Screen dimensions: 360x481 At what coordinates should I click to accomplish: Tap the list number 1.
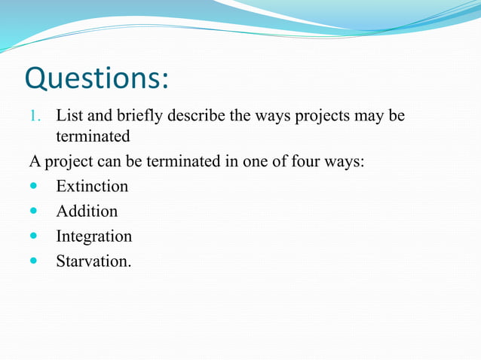tap(33, 117)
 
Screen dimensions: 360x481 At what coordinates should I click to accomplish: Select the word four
tap(314, 160)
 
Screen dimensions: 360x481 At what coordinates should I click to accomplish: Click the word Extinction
tap(92, 185)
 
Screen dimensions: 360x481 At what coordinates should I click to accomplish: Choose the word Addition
tap(87, 211)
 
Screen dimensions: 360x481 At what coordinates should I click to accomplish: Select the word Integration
tap(93, 236)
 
